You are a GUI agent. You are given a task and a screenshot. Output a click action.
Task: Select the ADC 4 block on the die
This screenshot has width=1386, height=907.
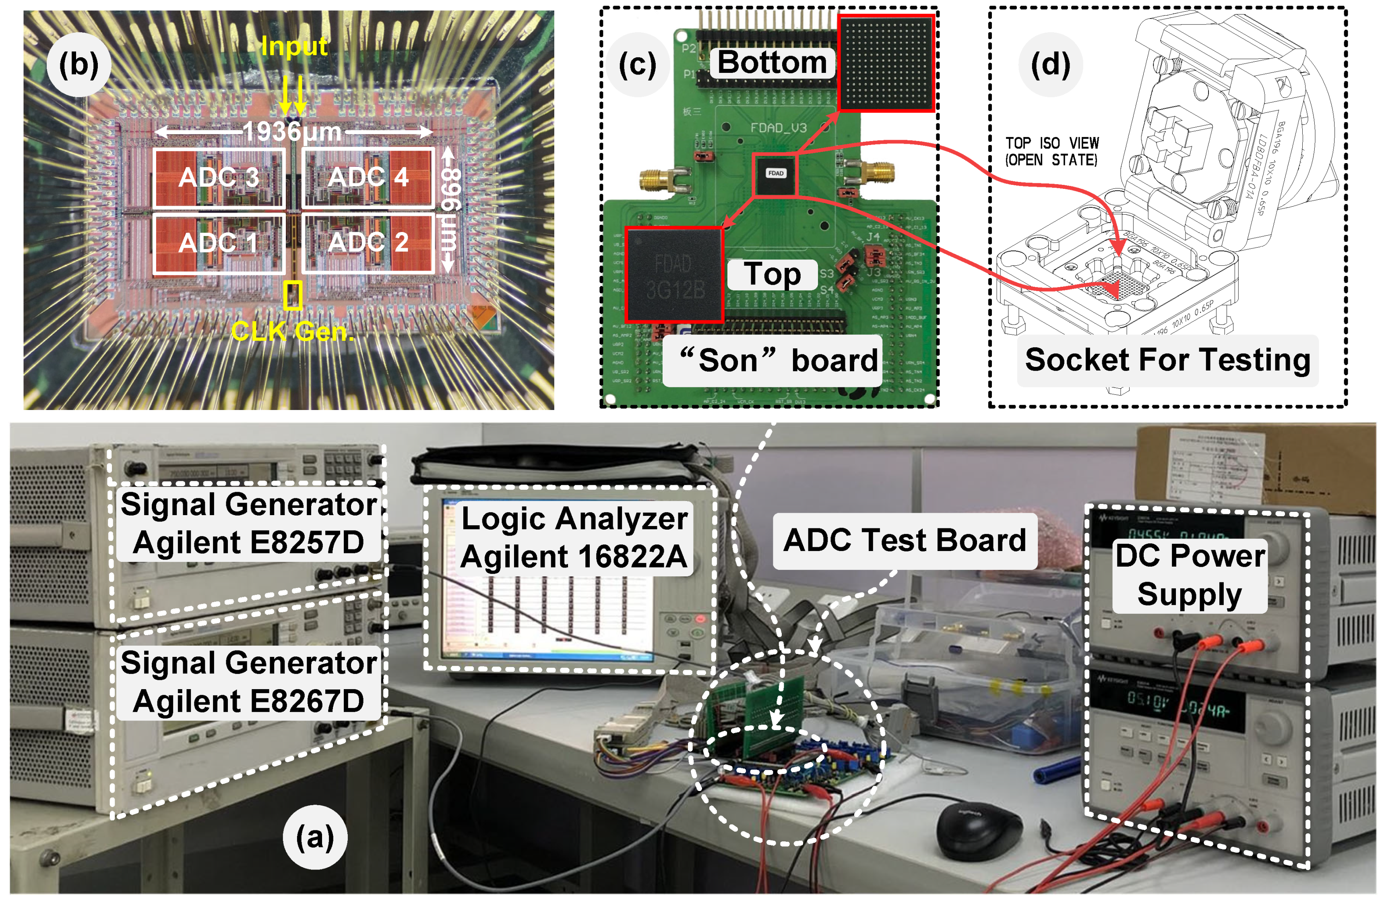368,177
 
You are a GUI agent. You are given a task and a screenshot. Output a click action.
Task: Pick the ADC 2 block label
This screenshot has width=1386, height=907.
368,242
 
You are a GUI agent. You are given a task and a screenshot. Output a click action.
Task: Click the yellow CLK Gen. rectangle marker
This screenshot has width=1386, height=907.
292,295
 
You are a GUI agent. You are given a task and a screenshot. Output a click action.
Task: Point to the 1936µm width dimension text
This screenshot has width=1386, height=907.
292,132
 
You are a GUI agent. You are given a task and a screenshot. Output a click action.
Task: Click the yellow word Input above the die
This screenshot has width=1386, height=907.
294,46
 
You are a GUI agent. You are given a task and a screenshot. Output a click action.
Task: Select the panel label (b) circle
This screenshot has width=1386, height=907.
78,64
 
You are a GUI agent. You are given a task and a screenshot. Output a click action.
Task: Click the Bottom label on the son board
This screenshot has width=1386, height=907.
772,63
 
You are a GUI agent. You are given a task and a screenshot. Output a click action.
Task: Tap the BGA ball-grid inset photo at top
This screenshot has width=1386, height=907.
886,63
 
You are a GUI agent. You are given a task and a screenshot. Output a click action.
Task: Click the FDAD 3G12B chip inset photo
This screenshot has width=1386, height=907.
674,274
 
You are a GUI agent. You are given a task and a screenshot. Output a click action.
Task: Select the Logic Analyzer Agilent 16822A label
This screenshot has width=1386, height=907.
574,537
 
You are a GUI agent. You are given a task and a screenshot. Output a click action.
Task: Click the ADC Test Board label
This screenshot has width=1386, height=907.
905,540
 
